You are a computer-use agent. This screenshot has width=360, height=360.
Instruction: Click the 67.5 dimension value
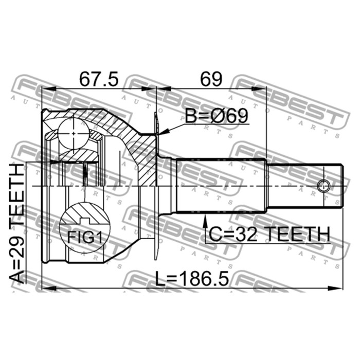pyautogui.click(x=99, y=79)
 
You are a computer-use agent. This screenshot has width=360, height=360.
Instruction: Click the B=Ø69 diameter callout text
pyautogui.click(x=217, y=116)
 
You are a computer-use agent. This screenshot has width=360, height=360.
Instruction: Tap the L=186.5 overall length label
pyautogui.click(x=192, y=279)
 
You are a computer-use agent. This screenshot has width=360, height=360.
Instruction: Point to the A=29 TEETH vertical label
pyautogui.click(x=16, y=223)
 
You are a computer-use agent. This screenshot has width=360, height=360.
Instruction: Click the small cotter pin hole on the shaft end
pyautogui.click(x=323, y=186)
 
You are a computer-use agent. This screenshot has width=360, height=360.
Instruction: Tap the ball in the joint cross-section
pyautogui.click(x=73, y=133)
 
